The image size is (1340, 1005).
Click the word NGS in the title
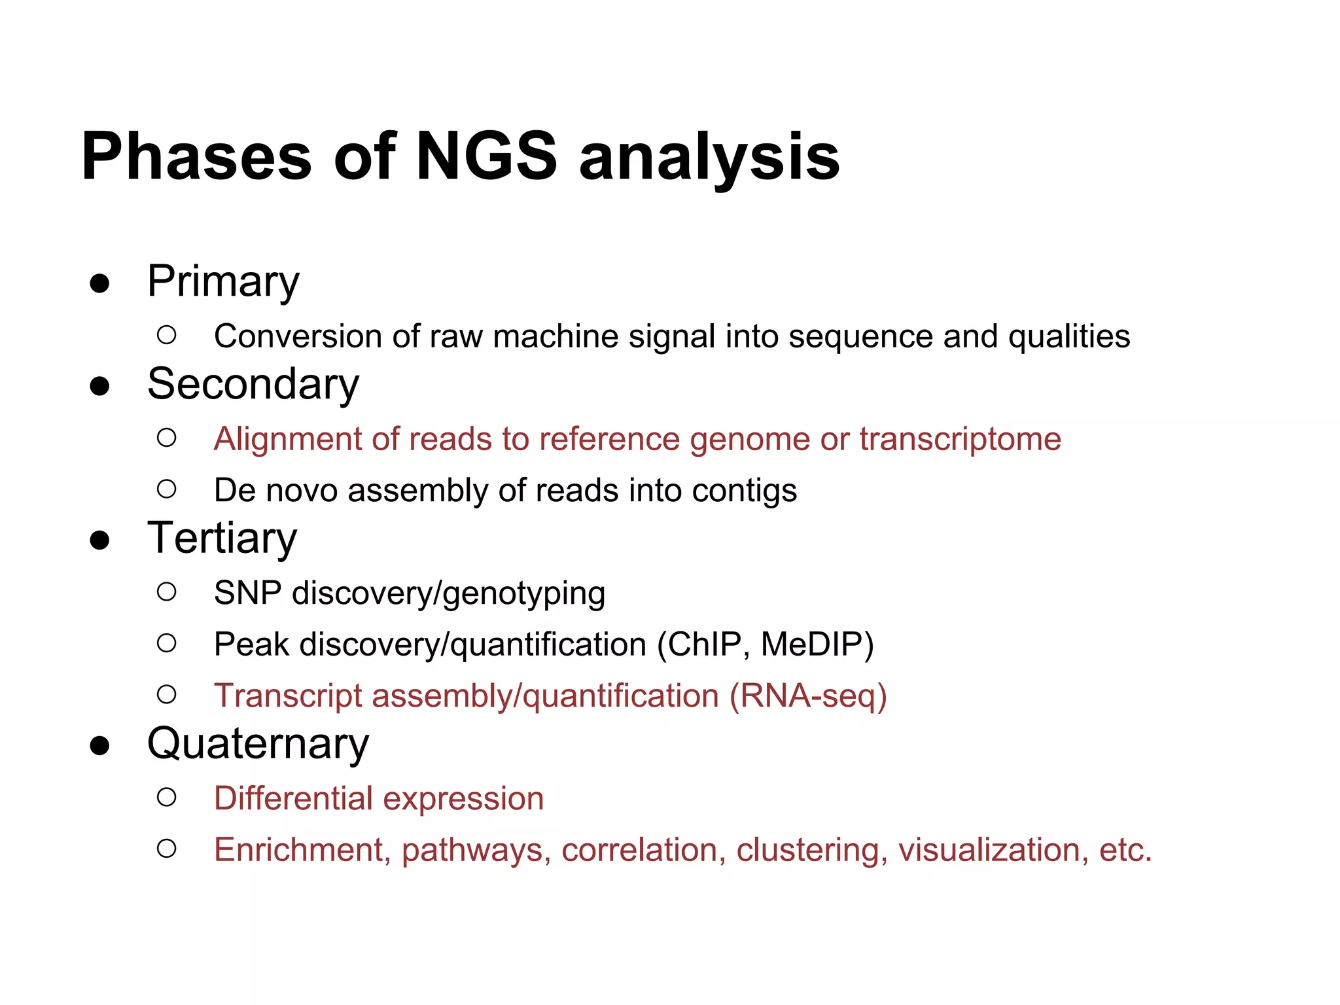(x=486, y=156)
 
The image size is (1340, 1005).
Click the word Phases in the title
(x=196, y=156)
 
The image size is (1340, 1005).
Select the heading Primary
(x=223, y=282)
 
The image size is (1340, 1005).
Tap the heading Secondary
(x=253, y=384)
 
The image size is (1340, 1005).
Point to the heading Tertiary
(x=222, y=538)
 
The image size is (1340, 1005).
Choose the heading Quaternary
(x=258, y=744)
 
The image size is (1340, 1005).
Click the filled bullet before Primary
(x=99, y=284)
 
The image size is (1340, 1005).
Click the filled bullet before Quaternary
(x=99, y=746)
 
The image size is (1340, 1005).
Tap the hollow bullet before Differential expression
(x=167, y=797)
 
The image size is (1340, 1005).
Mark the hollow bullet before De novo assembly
(x=167, y=489)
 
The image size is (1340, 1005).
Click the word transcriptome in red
(x=960, y=439)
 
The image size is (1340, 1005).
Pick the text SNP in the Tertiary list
(x=247, y=593)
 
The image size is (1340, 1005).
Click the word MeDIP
(x=817, y=644)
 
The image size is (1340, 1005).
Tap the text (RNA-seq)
(x=808, y=696)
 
